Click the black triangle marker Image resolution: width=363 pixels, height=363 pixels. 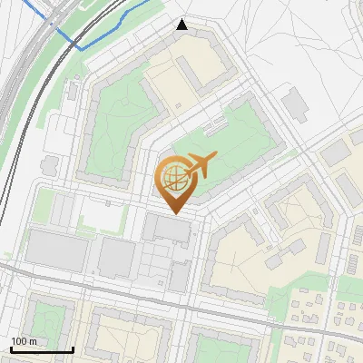pyautogui.click(x=182, y=25)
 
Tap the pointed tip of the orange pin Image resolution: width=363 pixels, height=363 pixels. pyautogui.click(x=172, y=213)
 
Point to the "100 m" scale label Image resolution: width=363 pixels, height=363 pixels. pyautogui.click(x=24, y=341)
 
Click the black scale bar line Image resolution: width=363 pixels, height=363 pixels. pyautogui.click(x=42, y=349)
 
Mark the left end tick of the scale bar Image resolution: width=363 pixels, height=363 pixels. pyautogui.click(x=11, y=348)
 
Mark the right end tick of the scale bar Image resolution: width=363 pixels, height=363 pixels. pyautogui.click(x=73, y=348)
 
